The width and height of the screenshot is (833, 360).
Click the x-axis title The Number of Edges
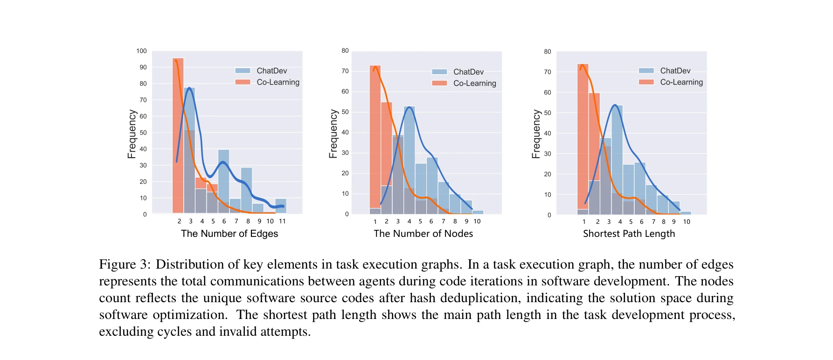pos(229,234)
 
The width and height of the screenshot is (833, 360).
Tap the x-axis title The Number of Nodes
pos(423,234)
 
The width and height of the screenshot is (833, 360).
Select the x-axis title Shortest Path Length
pos(629,234)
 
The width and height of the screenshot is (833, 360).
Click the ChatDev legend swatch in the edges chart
pos(243,71)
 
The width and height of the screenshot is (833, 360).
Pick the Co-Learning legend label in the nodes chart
pos(474,83)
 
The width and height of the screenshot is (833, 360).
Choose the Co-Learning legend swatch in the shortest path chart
pos(646,82)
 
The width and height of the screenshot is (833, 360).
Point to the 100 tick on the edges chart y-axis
pos(141,51)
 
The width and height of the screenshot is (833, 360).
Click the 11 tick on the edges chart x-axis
pos(282,221)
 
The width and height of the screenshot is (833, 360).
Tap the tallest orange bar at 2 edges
pos(178,135)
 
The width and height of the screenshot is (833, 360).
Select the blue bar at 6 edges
pos(224,182)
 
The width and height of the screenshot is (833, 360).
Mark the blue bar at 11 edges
pos(281,206)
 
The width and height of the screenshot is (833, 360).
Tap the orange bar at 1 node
pos(375,135)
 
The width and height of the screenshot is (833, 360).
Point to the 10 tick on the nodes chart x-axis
pos(477,221)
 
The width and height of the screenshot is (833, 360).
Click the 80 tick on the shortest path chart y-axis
pos(548,51)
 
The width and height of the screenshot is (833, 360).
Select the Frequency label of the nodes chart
pos(333,134)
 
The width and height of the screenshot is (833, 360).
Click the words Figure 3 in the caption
pos(124,264)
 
